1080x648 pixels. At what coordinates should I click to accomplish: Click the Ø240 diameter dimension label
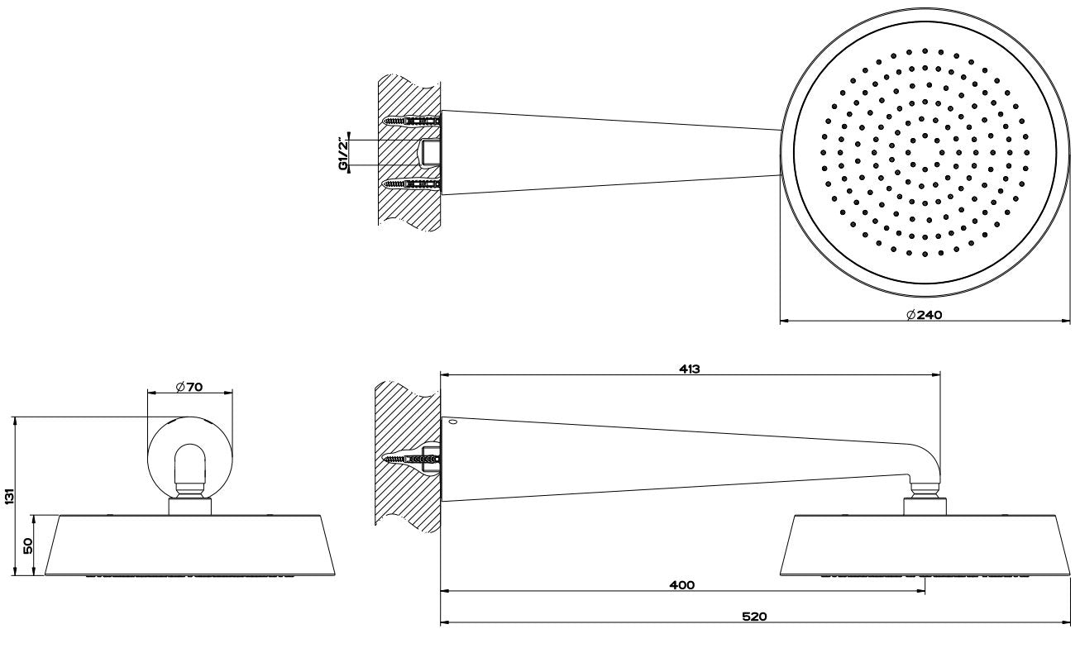[924, 315]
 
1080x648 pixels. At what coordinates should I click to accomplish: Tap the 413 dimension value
[690, 369]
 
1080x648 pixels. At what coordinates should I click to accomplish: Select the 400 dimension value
[682, 585]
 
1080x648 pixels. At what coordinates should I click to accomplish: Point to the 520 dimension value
[754, 617]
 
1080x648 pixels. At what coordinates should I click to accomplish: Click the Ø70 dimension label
[189, 387]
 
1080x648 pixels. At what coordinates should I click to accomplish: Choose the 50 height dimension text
[28, 546]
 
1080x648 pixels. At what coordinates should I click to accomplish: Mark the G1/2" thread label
[343, 153]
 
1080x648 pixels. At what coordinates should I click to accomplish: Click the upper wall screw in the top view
[411, 121]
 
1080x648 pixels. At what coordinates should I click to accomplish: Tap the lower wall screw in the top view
[411, 184]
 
